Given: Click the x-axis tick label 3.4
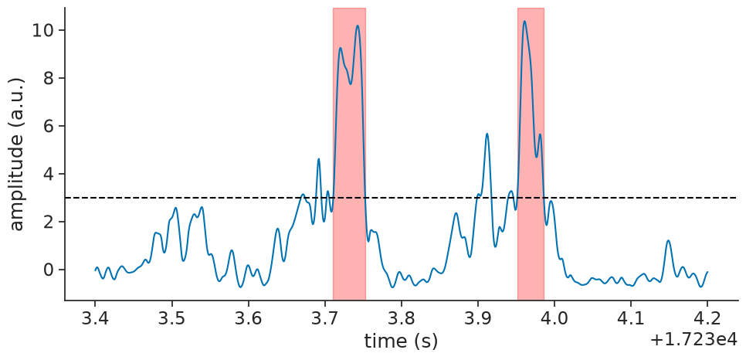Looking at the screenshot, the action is click(95, 318).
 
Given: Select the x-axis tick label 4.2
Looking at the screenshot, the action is click(707, 318).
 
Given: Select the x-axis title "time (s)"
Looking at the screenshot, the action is click(401, 341).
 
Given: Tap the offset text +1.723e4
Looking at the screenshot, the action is click(693, 338).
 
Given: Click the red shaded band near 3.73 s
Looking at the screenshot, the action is click(349, 154).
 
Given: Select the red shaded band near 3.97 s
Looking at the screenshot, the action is click(531, 154).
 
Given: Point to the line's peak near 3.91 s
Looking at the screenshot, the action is click(487, 134).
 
